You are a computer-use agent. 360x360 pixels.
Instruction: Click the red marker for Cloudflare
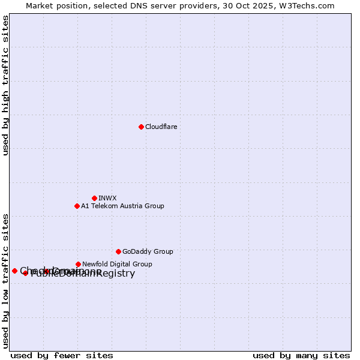click(141, 127)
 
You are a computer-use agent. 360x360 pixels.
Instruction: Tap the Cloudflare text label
click(161, 127)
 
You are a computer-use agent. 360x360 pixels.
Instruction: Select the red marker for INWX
click(94, 198)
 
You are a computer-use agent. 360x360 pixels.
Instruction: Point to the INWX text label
click(107, 198)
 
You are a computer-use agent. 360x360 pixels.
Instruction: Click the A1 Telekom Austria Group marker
click(77, 206)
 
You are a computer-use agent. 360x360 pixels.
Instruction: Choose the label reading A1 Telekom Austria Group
click(122, 206)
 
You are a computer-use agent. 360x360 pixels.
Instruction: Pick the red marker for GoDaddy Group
click(118, 251)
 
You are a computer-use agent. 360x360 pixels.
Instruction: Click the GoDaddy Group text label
click(148, 251)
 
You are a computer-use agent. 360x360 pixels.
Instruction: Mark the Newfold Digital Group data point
click(78, 264)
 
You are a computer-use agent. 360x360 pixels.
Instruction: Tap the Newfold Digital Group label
click(117, 264)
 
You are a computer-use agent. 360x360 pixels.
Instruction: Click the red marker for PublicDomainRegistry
click(25, 273)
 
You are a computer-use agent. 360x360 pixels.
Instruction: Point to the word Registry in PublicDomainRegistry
click(115, 274)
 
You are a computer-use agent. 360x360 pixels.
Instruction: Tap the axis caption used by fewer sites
click(62, 355)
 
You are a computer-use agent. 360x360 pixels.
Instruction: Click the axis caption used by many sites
click(301, 355)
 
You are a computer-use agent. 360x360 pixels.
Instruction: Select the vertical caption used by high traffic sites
click(6, 85)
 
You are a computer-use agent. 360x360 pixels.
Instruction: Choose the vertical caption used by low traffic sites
click(6, 281)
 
